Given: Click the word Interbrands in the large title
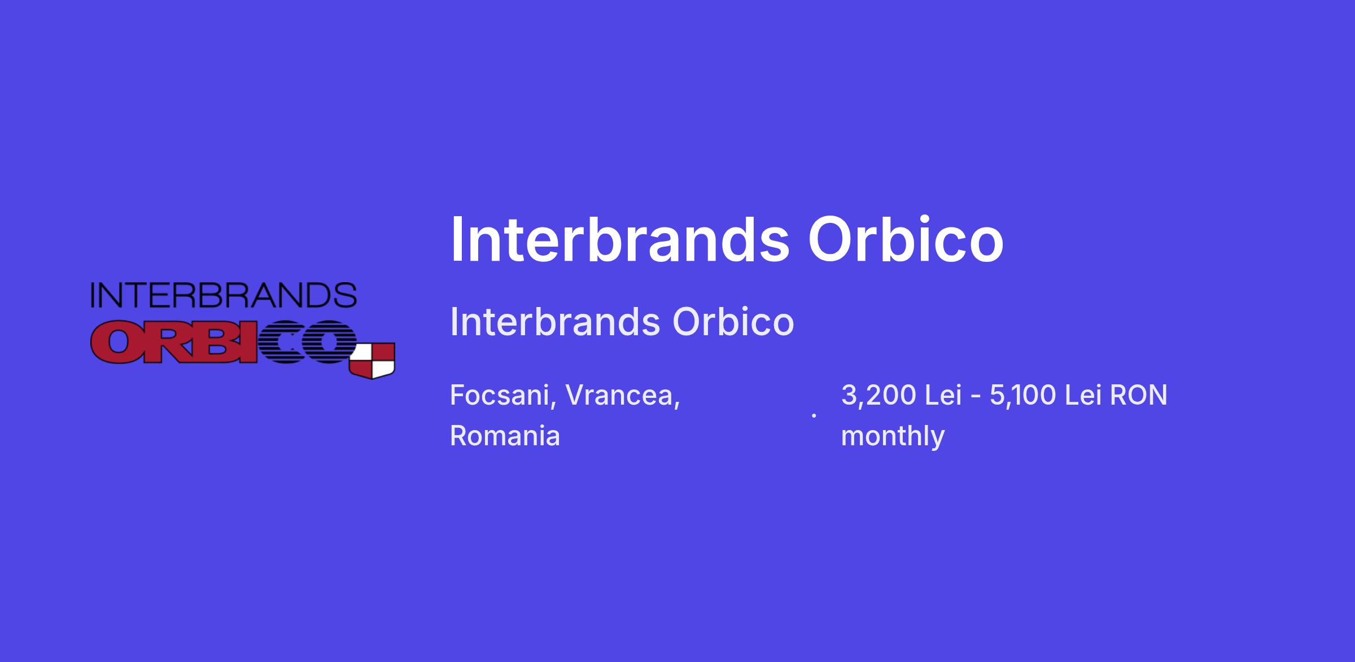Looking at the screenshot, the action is point(619,239).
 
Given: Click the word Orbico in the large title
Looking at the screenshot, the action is point(906,239).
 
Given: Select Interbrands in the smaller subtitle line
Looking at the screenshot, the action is point(555,322).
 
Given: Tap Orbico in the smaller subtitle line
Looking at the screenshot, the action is point(733,322).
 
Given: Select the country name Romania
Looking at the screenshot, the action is point(505,436).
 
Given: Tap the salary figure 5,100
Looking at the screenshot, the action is point(1022,395).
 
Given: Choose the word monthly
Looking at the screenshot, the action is point(893,436).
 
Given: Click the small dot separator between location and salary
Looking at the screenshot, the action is point(814,415).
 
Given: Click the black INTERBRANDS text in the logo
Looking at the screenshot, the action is point(224,295).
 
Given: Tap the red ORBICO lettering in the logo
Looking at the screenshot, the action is point(224,342).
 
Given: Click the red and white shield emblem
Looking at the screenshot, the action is point(372,360).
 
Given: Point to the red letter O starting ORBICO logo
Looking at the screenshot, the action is point(117,343).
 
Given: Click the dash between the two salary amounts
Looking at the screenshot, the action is point(976,397).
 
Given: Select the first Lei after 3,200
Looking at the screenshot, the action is point(943,395).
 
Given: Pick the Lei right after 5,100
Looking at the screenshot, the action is point(1083,395).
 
